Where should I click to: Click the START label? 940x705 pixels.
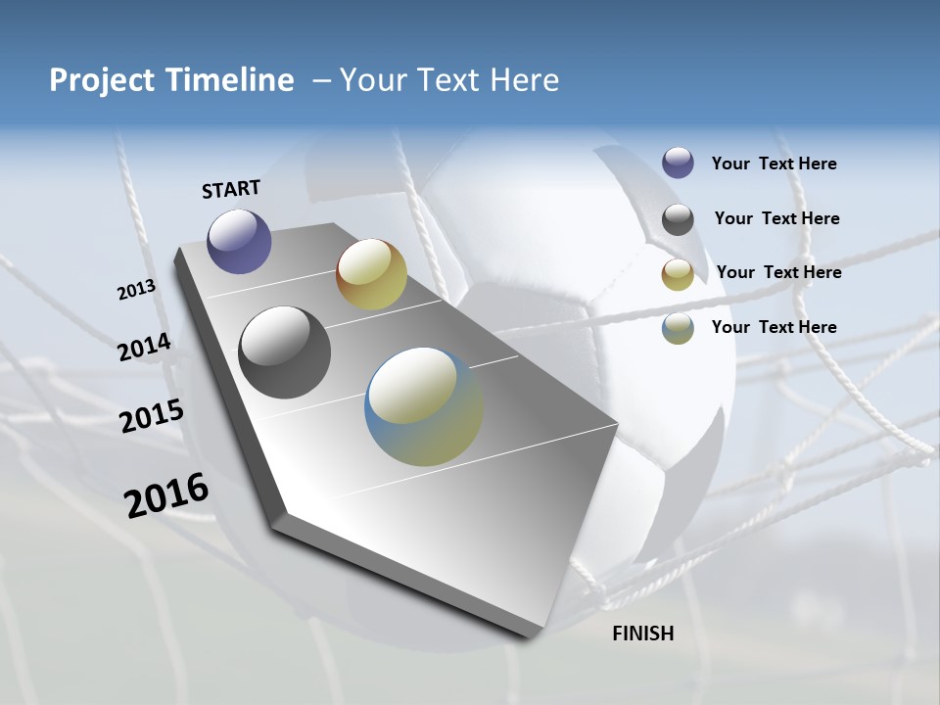click(x=231, y=188)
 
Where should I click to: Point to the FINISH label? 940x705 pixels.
click(x=643, y=634)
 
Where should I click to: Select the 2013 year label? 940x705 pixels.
click(x=136, y=290)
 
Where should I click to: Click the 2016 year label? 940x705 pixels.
click(x=166, y=495)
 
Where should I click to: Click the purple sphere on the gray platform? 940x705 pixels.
click(x=239, y=241)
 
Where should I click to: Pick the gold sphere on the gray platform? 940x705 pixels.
click(x=371, y=274)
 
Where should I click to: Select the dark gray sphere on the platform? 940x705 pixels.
click(x=285, y=352)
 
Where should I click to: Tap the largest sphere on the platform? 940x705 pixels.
click(x=424, y=406)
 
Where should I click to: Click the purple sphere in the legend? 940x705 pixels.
click(x=678, y=164)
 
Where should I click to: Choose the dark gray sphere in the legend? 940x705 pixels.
click(x=678, y=219)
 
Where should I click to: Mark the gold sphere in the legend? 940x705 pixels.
click(x=678, y=274)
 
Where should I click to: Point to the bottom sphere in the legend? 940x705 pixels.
click(x=678, y=328)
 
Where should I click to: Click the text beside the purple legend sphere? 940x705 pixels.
click(x=774, y=164)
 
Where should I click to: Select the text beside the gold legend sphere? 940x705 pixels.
click(x=778, y=272)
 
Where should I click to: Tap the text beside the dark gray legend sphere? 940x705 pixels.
click(x=776, y=218)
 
